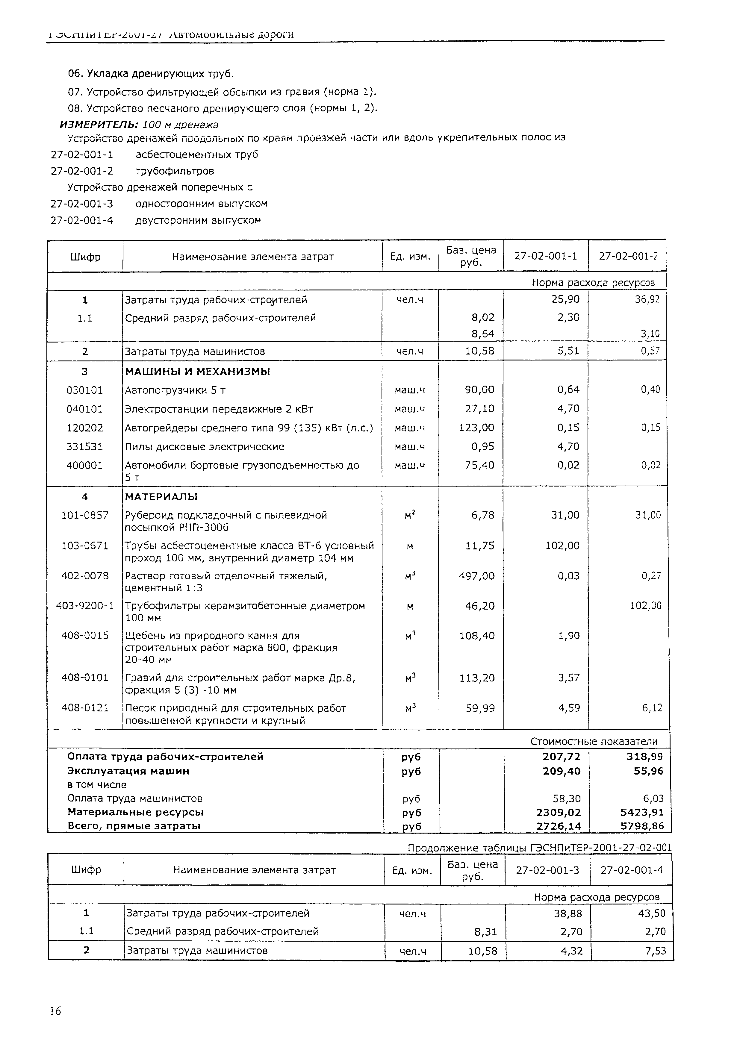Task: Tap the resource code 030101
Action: point(85,390)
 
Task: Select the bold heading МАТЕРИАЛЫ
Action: point(161,497)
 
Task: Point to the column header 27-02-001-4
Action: point(631,870)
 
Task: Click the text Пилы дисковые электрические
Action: point(205,446)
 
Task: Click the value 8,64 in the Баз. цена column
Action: point(483,334)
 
